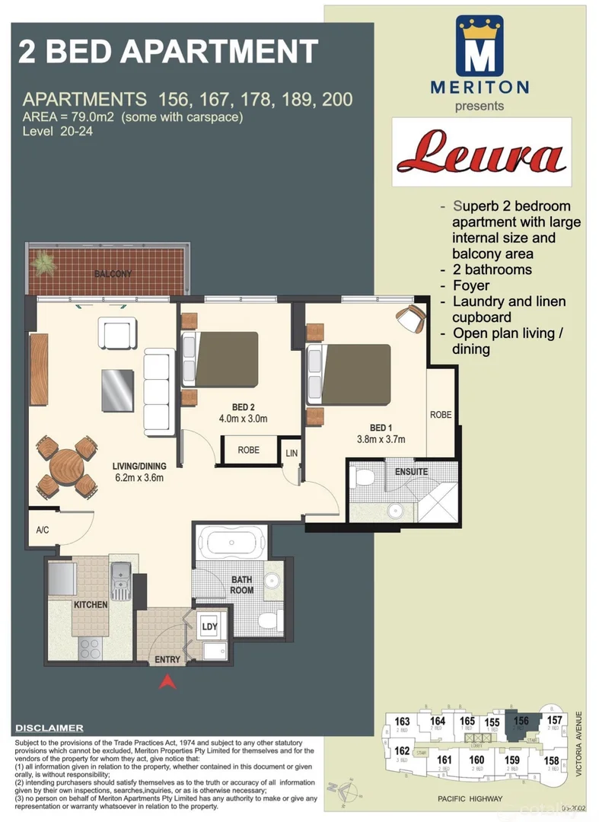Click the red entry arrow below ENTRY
pyautogui.click(x=167, y=682)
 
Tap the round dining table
pyautogui.click(x=67, y=466)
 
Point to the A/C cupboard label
pyautogui.click(x=43, y=531)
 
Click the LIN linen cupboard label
pyautogui.click(x=291, y=454)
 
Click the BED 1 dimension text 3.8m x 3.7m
pyautogui.click(x=381, y=439)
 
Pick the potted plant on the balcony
pyautogui.click(x=44, y=263)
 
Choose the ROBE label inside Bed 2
pyautogui.click(x=248, y=450)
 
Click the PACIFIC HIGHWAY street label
pyautogui.click(x=471, y=798)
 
